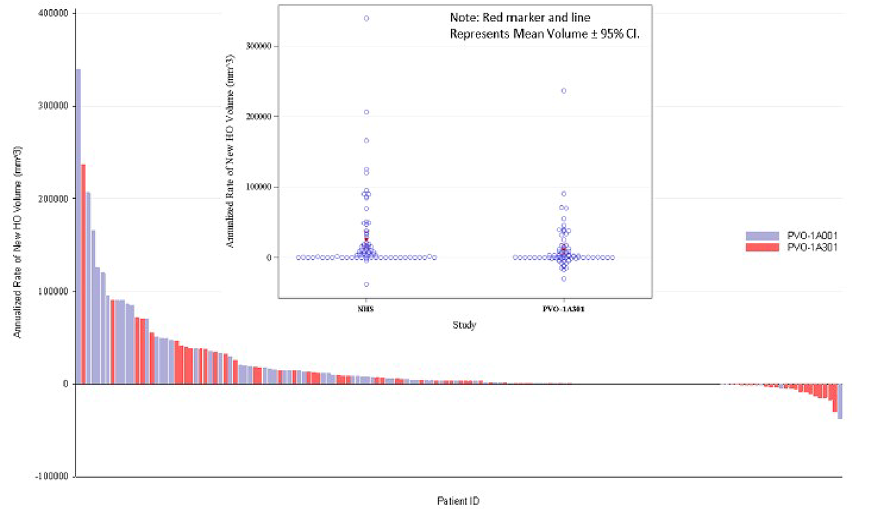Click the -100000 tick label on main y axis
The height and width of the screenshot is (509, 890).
click(x=54, y=477)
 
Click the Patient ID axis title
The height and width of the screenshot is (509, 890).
click(x=458, y=500)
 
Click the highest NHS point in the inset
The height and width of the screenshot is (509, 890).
click(x=367, y=19)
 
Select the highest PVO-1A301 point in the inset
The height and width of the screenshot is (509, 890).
click(x=564, y=91)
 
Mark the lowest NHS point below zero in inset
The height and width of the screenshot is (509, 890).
click(x=367, y=284)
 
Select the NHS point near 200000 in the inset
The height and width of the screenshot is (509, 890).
click(x=367, y=112)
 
